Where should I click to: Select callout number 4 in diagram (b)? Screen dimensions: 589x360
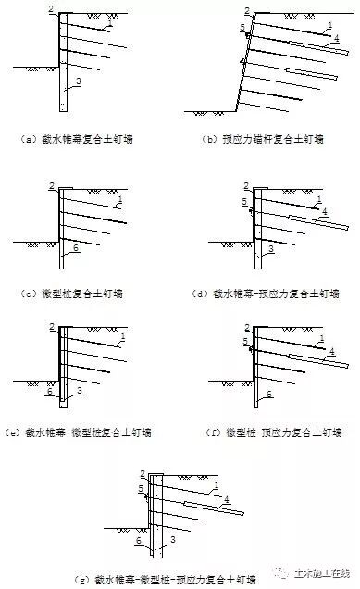(x=336, y=38)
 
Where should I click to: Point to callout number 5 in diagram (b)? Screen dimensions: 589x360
(x=242, y=29)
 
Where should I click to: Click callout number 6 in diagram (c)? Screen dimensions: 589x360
(x=76, y=249)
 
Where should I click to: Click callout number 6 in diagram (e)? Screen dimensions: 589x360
(x=48, y=392)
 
